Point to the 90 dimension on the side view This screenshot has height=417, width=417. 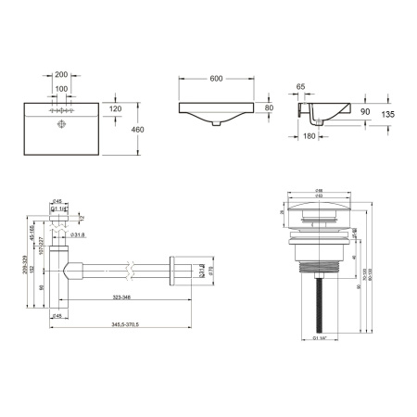pyautogui.click(x=365, y=111)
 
